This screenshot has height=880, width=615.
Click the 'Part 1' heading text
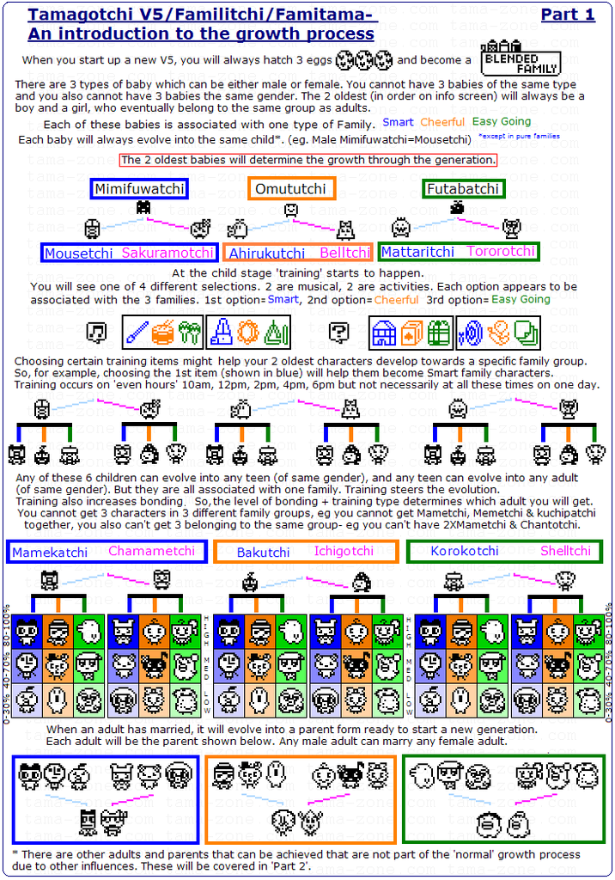(x=568, y=15)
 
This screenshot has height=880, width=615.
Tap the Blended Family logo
(x=521, y=58)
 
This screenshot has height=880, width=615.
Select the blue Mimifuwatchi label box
(x=139, y=189)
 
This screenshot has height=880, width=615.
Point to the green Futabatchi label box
(x=463, y=189)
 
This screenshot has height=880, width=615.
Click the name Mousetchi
(x=78, y=254)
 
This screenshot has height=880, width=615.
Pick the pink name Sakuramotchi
(x=167, y=254)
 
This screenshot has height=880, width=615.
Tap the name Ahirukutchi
(x=266, y=254)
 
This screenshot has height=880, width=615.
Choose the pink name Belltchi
(x=344, y=254)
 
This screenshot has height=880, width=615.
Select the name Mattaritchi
(x=417, y=253)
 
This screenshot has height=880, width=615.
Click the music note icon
(x=99, y=332)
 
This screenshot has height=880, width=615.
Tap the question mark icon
(x=340, y=332)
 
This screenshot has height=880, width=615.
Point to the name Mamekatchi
(x=50, y=553)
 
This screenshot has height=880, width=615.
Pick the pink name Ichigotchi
(x=344, y=552)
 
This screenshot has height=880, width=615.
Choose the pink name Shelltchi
(x=565, y=552)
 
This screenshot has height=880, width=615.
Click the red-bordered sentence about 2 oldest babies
(x=307, y=160)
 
